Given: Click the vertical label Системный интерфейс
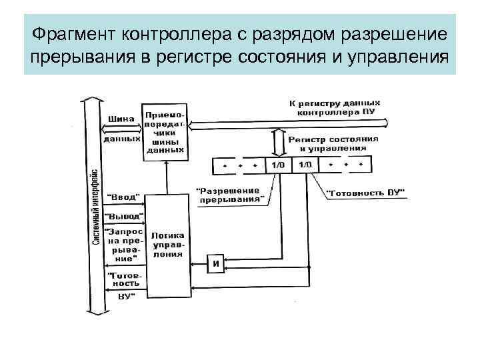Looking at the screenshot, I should click(x=96, y=207).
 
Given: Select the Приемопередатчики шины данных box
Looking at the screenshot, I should click(x=165, y=131).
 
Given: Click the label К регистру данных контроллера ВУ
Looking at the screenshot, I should click(x=335, y=108).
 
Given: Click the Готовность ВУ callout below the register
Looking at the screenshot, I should click(x=366, y=193).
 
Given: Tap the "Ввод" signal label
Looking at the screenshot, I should click(x=124, y=197).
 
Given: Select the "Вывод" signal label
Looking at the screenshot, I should click(x=124, y=217).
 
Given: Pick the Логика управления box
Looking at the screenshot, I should click(x=168, y=245).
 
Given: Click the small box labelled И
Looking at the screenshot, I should click(x=216, y=263).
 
